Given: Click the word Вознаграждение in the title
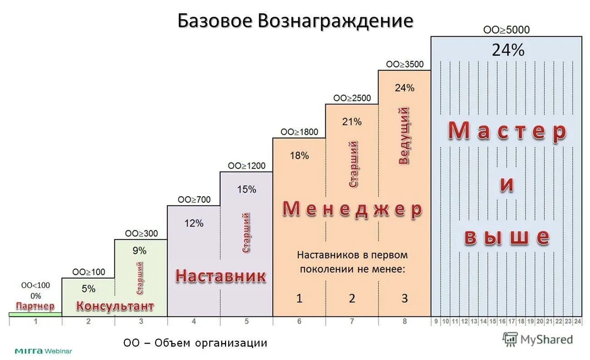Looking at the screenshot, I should (336, 21).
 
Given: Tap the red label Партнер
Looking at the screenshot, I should (35, 306).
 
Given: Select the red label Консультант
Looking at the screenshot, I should (115, 306).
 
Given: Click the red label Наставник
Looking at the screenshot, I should (221, 276).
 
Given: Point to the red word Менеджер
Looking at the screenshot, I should (352, 210).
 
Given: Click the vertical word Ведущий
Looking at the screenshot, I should (403, 135).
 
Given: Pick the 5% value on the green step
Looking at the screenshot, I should (88, 289).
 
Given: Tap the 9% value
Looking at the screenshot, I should (140, 251).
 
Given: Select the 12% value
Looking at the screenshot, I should (194, 223).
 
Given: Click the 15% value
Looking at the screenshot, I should (246, 189).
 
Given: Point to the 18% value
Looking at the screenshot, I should (299, 156).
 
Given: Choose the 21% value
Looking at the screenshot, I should (352, 122).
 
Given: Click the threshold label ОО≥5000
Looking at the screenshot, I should (506, 30).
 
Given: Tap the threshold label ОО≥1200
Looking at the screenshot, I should (246, 166).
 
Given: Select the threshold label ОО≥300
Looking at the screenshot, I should (141, 233).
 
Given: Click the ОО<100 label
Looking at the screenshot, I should (36, 286).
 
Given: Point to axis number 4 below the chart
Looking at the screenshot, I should (194, 321).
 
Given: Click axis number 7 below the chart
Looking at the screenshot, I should (352, 321).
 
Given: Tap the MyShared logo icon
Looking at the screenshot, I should (510, 339).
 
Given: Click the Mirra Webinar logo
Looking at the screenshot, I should (43, 351).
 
